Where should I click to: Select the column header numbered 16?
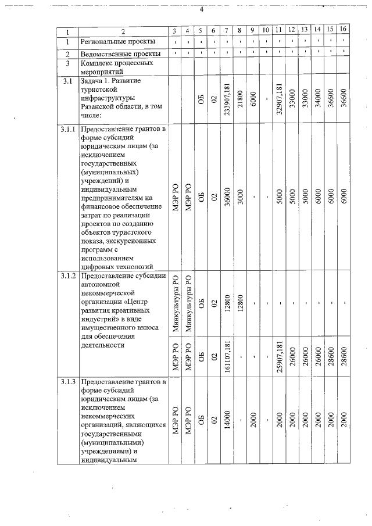[344, 29]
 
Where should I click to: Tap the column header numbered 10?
[266, 30]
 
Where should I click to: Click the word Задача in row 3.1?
[95, 81]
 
